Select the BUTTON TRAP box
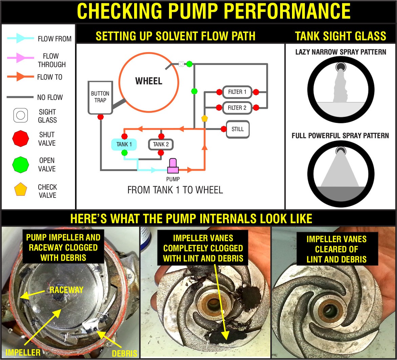[x=100, y=97]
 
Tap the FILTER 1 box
[x=237, y=92]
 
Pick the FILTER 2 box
[x=237, y=108]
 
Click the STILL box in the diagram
[x=237, y=129]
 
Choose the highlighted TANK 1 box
[x=124, y=144]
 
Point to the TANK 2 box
[x=161, y=144]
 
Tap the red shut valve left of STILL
[x=224, y=129]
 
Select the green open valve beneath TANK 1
[x=124, y=153]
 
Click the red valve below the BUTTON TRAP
[x=100, y=117]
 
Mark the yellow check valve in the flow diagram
[x=204, y=119]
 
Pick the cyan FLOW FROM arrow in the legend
[x=20, y=39]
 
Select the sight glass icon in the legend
[x=20, y=115]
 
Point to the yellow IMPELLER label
[x=23, y=352]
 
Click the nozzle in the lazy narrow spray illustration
[x=341, y=67]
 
